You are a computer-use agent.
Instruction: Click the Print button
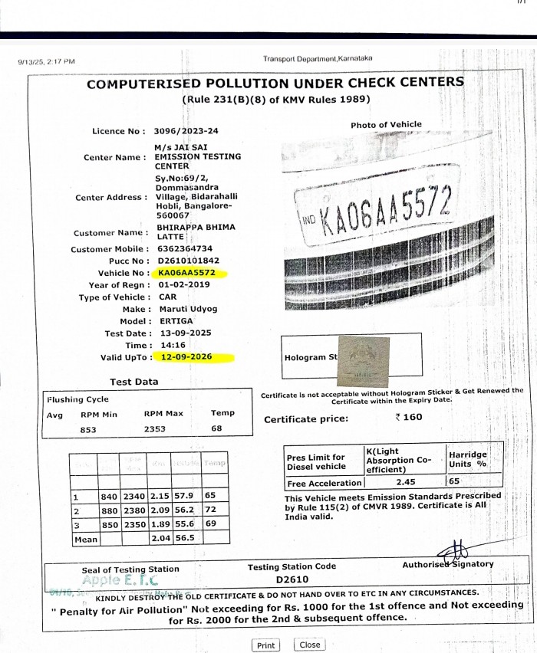click(266, 645)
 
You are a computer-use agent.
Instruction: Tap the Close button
click(310, 645)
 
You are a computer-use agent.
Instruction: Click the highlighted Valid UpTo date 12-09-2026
click(186, 357)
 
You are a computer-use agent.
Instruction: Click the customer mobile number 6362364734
click(184, 249)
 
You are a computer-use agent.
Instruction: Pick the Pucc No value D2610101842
click(187, 261)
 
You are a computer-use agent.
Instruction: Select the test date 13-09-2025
click(186, 333)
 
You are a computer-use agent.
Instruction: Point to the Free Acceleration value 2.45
click(405, 483)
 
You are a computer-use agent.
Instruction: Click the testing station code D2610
click(292, 579)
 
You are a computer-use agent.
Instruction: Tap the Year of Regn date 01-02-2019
click(186, 285)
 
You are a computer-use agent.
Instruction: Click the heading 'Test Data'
click(133, 382)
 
